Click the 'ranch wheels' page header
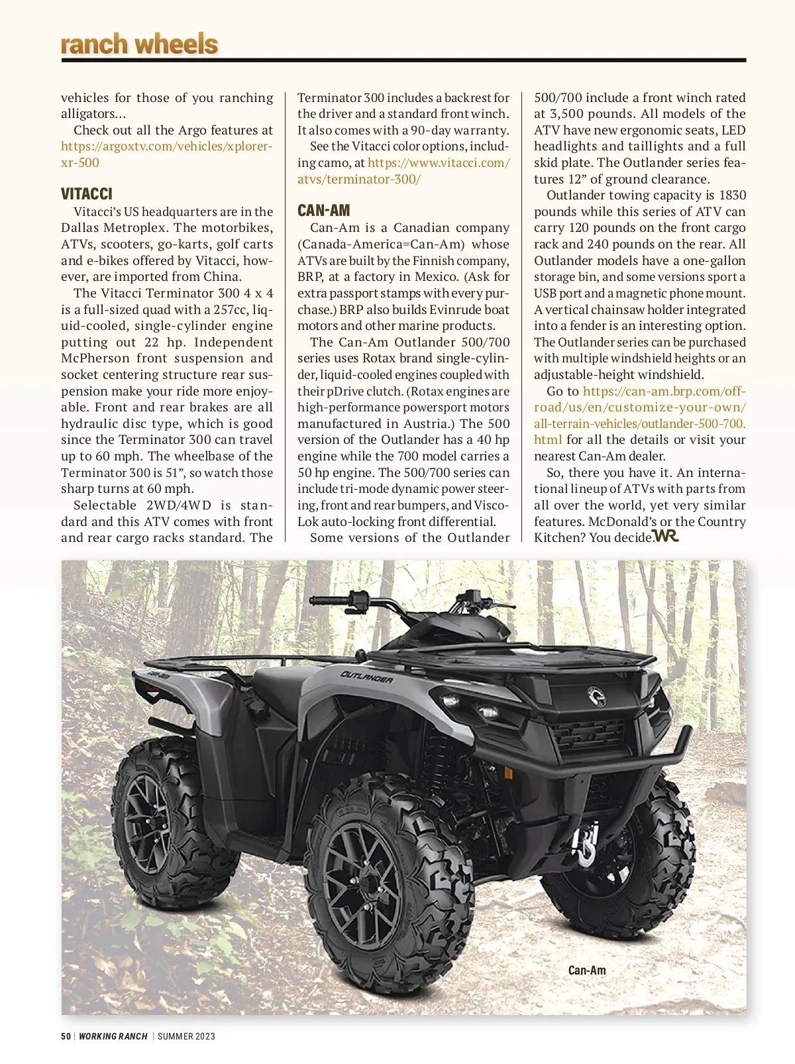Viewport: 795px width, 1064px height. [x=139, y=44]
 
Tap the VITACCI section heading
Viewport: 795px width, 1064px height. [x=87, y=194]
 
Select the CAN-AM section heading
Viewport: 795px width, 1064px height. [x=323, y=211]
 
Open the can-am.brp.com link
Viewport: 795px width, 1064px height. [x=639, y=407]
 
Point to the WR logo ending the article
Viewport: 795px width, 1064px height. [x=665, y=535]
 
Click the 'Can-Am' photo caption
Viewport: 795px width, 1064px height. [x=587, y=970]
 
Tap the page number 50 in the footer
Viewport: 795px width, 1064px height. [x=66, y=1036]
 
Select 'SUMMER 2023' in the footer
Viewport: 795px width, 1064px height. [x=186, y=1036]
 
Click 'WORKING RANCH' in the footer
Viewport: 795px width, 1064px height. [x=113, y=1036]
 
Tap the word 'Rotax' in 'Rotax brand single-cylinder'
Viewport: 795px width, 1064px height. [x=379, y=358]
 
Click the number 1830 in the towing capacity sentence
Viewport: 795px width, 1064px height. [x=731, y=195]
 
